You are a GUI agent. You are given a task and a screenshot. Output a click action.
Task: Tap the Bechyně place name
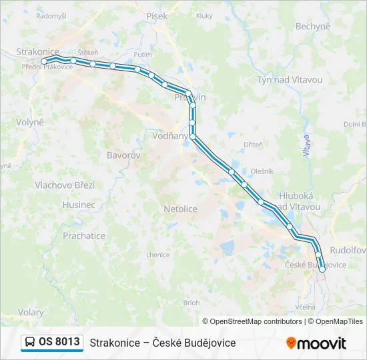click(312, 26)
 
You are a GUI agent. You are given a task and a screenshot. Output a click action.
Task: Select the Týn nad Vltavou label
click(290, 80)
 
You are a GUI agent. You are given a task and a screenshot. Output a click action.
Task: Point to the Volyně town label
click(30, 123)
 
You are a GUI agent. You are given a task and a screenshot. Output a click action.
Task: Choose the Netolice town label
click(180, 209)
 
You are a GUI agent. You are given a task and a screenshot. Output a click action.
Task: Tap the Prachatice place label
click(84, 235)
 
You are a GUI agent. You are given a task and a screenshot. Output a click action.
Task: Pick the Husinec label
click(79, 205)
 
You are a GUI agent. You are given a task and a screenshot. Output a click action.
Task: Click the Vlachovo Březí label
click(65, 185)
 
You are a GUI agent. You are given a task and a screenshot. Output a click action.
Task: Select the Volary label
click(31, 312)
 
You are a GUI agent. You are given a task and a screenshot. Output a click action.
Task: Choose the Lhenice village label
click(158, 255)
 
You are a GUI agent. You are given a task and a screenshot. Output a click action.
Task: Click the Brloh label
click(191, 303)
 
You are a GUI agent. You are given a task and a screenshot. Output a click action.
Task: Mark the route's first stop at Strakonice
click(44, 61)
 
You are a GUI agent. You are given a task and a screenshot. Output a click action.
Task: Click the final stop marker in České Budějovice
click(322, 269)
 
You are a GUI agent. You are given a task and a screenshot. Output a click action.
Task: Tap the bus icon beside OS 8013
click(30, 342)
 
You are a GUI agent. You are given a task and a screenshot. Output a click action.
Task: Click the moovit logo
click(316, 343)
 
